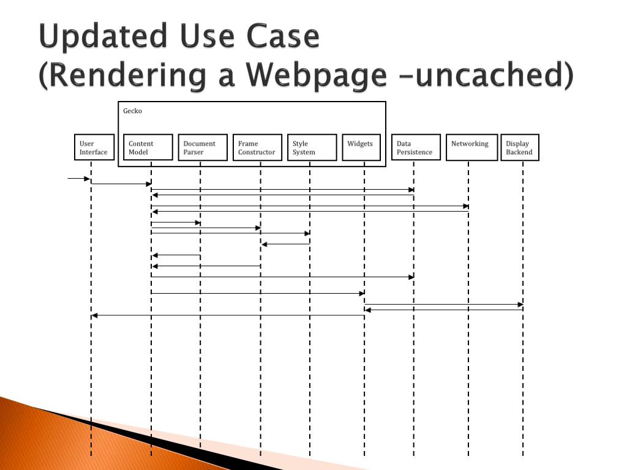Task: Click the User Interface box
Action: pyautogui.click(x=94, y=147)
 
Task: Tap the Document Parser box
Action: pyautogui.click(x=203, y=147)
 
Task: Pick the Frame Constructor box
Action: pyautogui.click(x=257, y=147)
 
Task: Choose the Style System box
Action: pyautogui.click(x=312, y=147)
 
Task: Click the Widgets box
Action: pyautogui.click(x=361, y=147)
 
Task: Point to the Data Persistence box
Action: pyautogui.click(x=416, y=147)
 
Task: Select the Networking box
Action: pyautogui.click(x=471, y=147)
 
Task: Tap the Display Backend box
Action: pyautogui.click(x=520, y=147)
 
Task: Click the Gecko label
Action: pyautogui.click(x=133, y=111)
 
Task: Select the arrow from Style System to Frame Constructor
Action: pyautogui.click(x=285, y=244)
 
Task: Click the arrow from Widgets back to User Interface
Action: pyautogui.click(x=228, y=316)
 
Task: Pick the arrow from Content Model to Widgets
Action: pyautogui.click(x=257, y=293)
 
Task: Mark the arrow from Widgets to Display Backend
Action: pyautogui.click(x=444, y=304)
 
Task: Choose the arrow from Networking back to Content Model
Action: pyautogui.click(x=310, y=212)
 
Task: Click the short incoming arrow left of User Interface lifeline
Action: pyautogui.click(x=79, y=179)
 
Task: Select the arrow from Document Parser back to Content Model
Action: pyautogui.click(x=176, y=255)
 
